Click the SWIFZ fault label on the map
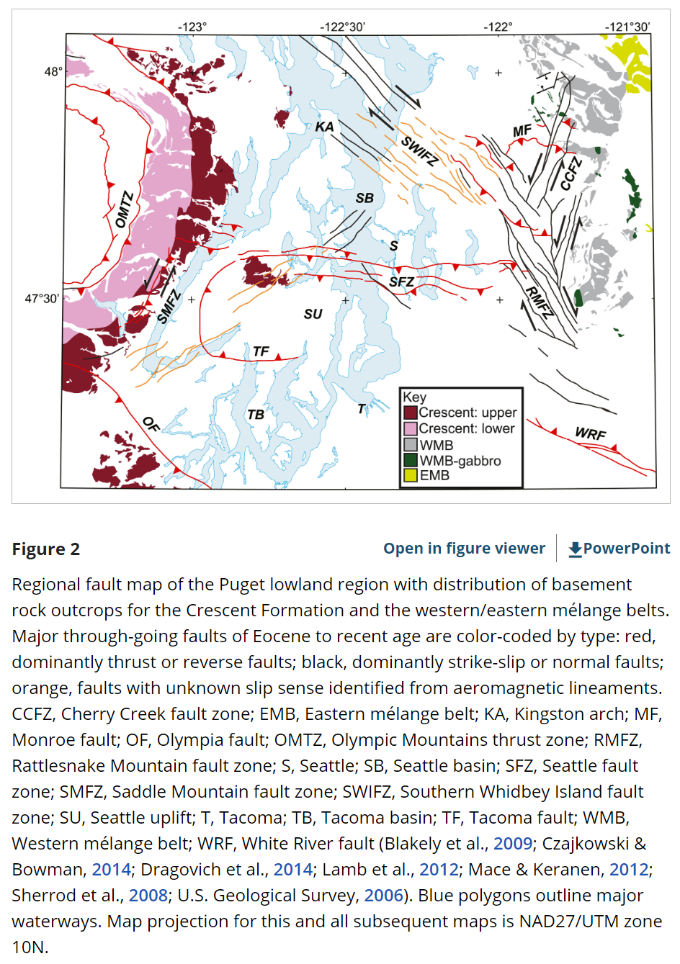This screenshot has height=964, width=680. (x=419, y=151)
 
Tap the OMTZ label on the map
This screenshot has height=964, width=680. (x=125, y=210)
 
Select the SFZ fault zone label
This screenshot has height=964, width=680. (x=401, y=281)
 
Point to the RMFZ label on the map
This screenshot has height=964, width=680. (x=538, y=302)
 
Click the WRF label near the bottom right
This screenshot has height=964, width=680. (x=590, y=433)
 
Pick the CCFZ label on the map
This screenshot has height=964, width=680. (x=571, y=174)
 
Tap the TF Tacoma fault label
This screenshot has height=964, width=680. (x=261, y=351)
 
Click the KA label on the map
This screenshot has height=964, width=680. (x=324, y=127)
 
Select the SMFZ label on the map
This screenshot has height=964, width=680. (x=168, y=305)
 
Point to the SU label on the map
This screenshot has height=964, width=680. (x=313, y=314)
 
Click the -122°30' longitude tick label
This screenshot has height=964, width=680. (x=343, y=27)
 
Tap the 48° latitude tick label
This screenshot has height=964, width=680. (x=53, y=71)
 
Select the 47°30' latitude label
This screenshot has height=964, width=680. (x=42, y=298)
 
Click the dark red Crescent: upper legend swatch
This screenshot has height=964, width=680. (x=411, y=413)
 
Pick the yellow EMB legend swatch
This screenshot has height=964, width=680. (x=411, y=475)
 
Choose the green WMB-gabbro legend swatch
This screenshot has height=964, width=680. (x=411, y=460)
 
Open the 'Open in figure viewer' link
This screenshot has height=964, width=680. (x=464, y=549)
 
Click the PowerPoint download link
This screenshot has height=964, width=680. (x=619, y=549)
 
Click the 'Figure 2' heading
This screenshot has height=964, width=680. (x=45, y=549)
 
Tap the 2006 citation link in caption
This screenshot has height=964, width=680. (x=383, y=895)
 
